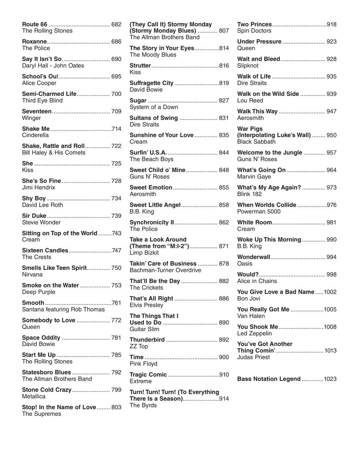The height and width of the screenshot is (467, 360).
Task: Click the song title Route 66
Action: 35,24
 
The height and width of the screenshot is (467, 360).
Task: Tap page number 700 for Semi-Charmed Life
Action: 116,94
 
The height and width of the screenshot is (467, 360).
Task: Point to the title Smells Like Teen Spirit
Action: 54,268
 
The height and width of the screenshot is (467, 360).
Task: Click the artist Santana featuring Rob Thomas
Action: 63,310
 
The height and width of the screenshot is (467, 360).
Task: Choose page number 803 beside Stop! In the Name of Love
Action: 116,407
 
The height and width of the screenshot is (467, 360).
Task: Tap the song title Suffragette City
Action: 151,83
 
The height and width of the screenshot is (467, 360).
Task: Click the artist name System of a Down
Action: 154,107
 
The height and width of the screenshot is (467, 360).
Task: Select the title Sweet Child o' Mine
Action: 157,170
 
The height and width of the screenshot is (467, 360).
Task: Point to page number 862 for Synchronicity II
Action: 224,222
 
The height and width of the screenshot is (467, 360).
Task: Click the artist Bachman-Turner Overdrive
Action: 165,270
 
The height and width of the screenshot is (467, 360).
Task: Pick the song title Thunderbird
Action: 147,340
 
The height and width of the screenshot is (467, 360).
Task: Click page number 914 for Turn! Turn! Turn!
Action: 224,399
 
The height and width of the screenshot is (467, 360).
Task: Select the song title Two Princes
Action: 254,24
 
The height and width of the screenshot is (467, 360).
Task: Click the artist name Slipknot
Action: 248,65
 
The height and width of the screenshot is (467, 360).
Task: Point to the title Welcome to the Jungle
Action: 270,152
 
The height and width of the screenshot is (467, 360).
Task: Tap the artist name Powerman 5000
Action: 259,212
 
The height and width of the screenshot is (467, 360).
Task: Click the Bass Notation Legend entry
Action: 269,379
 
